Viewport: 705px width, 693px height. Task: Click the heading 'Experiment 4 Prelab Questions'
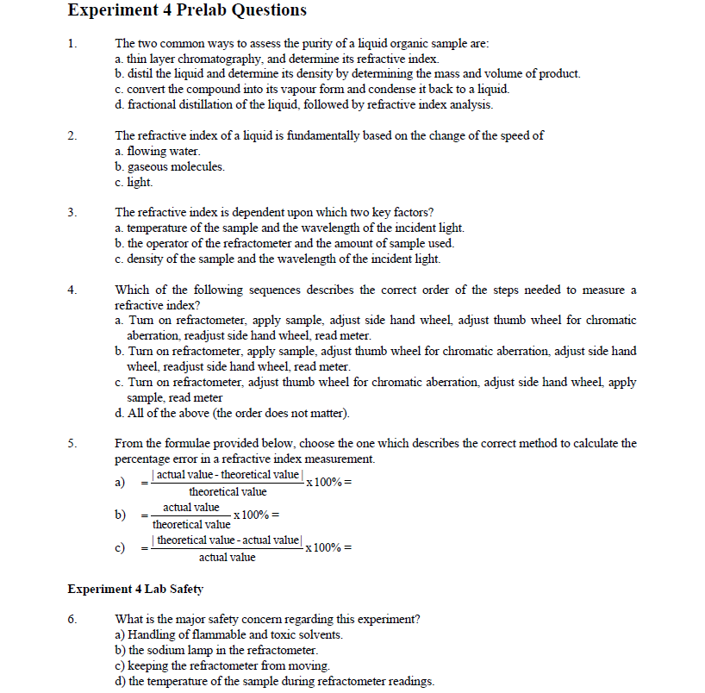pyautogui.click(x=186, y=11)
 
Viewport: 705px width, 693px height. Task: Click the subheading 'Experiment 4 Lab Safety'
pyautogui.click(x=135, y=589)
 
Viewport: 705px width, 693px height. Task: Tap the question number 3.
pyautogui.click(x=72, y=212)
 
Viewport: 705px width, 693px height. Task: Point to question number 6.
pyautogui.click(x=72, y=619)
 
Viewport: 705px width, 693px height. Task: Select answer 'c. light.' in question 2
pyautogui.click(x=134, y=182)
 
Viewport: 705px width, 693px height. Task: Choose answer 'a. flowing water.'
pyautogui.click(x=157, y=151)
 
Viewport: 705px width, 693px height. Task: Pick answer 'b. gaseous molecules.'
pyautogui.click(x=169, y=166)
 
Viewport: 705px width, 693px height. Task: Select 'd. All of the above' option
pyautogui.click(x=232, y=413)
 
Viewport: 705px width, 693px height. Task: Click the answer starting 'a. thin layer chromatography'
pyautogui.click(x=276, y=59)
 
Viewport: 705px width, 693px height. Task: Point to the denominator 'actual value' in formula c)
pyautogui.click(x=227, y=558)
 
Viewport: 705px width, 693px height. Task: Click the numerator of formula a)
pyautogui.click(x=226, y=475)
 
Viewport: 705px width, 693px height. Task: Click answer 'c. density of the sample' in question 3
pyautogui.click(x=277, y=259)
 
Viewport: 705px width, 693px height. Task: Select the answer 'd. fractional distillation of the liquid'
pyautogui.click(x=303, y=104)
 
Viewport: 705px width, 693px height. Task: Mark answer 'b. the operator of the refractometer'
pyautogui.click(x=284, y=243)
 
